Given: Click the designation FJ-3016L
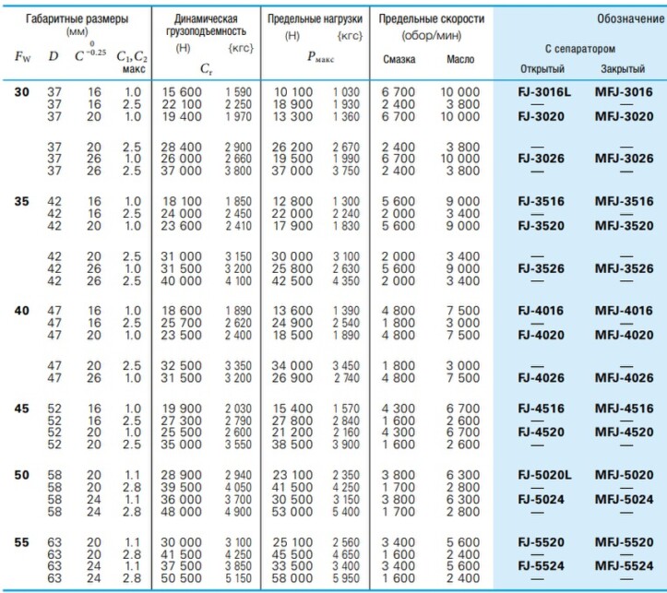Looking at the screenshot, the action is (x=544, y=92).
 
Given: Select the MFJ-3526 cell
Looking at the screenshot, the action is (x=624, y=268).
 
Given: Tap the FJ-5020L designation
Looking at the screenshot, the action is (x=544, y=475).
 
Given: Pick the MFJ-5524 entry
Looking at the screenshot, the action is (x=624, y=566).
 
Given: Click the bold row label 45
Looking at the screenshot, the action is (x=22, y=409).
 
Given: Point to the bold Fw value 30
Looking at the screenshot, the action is (x=22, y=92).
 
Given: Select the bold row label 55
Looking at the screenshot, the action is (x=22, y=542).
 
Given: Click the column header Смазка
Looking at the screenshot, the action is (x=399, y=59).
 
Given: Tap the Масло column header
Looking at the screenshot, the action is (x=460, y=59).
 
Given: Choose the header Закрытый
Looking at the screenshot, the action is (x=623, y=69).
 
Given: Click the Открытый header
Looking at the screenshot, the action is (x=542, y=69).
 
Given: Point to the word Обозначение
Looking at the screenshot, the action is (x=630, y=18).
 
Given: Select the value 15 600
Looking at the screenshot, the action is (x=182, y=92).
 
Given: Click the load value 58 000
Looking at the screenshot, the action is (x=292, y=578).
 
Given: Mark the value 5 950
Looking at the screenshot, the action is (x=346, y=578).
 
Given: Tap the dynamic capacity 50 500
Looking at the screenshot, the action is (x=181, y=578).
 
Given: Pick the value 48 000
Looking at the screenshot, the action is (x=181, y=512).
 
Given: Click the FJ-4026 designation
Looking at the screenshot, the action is (x=541, y=378).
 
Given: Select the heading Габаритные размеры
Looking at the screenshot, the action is (x=77, y=19).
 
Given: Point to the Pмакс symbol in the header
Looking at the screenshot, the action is (x=321, y=56).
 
